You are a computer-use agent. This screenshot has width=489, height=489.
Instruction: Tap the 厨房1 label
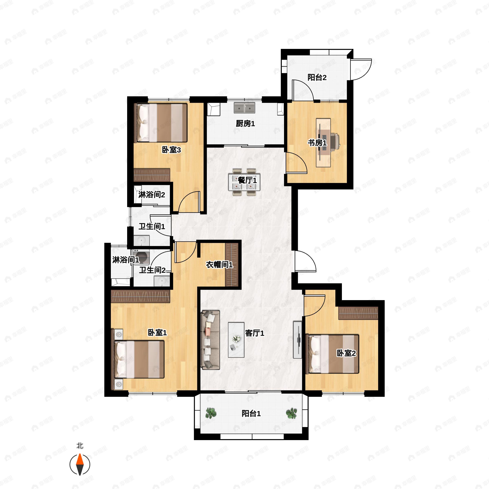pyautogui.click(x=245, y=123)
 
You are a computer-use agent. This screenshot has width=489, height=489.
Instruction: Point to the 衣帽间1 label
pyautogui.click(x=219, y=265)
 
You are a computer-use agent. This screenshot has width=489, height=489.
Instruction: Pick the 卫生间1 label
pyautogui.click(x=152, y=226)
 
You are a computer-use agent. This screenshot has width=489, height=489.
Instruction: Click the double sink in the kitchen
pyautogui.click(x=244, y=108)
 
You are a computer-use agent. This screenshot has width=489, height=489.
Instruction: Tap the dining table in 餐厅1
pyautogui.click(x=244, y=182)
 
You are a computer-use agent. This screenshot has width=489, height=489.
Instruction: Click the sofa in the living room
pyautogui.click(x=210, y=340)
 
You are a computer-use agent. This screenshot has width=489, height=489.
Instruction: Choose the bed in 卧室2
pyautogui.click(x=332, y=354)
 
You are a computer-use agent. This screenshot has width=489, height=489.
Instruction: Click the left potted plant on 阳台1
pyautogui.click(x=211, y=413)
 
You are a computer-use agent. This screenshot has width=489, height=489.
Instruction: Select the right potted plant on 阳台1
pyautogui.click(x=291, y=413)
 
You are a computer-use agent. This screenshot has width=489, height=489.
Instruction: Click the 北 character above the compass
pyautogui.click(x=80, y=445)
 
